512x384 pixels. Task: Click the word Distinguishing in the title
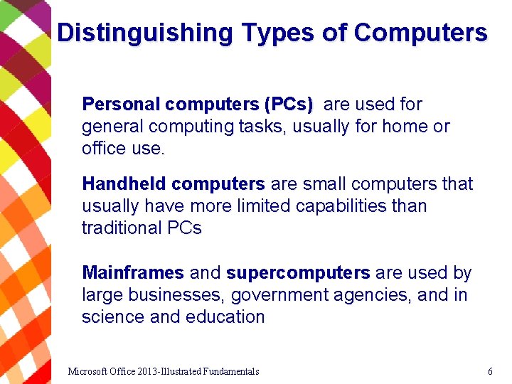[144, 33]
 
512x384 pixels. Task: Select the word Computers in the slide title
[421, 33]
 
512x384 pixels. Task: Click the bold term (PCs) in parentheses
[288, 105]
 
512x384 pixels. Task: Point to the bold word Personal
[121, 105]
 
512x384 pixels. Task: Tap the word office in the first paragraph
[102, 149]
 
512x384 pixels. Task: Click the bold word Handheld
[124, 184]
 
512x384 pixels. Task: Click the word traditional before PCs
[122, 228]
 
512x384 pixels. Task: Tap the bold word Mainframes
[133, 273]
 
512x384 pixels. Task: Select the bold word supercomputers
[298, 273]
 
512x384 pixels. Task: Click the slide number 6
[490, 371]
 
